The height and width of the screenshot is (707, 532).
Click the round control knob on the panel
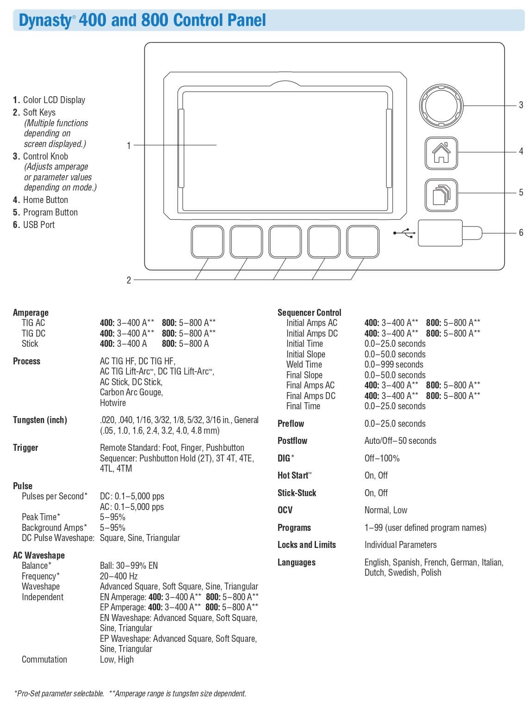(440, 106)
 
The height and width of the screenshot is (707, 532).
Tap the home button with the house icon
(441, 153)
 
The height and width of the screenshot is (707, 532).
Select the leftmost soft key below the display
(207, 241)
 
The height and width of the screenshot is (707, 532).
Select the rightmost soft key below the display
(363, 241)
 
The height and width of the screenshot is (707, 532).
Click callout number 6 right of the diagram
(521, 233)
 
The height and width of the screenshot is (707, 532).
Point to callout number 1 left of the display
(129, 146)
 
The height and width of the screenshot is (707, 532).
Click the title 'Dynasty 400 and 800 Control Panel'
(142, 20)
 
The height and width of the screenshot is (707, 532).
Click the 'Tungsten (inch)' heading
(40, 420)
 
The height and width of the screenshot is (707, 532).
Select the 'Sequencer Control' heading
(309, 313)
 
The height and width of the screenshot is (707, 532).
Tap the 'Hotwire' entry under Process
(113, 403)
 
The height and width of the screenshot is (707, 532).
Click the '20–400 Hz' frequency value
(118, 576)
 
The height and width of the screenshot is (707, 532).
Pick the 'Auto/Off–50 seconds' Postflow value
(400, 441)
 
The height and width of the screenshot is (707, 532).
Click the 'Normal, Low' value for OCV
(386, 510)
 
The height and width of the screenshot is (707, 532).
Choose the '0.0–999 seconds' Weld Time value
(394, 364)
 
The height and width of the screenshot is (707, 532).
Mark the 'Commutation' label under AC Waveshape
(44, 659)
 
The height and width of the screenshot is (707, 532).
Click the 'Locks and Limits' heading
(306, 545)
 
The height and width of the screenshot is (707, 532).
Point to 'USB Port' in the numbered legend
(39, 225)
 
